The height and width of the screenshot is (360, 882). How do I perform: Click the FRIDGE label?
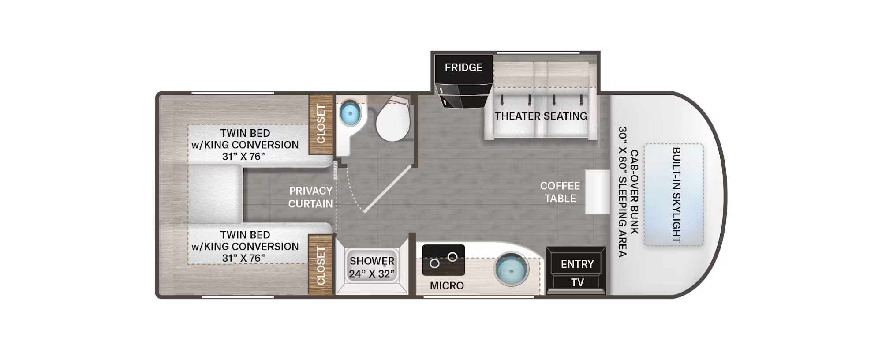[x=463, y=67]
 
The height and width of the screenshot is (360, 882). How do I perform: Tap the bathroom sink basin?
[x=350, y=113]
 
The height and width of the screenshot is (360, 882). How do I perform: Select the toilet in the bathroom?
[x=393, y=121]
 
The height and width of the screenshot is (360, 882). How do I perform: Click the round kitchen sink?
[x=511, y=269]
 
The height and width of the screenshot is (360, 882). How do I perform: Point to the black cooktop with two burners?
[x=443, y=260]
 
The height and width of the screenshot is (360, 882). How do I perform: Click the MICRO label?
[x=447, y=285]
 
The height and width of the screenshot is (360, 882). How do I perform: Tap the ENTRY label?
[x=577, y=264]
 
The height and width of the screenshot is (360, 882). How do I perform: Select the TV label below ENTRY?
[x=577, y=282]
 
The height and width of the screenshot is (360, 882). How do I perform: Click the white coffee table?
[x=597, y=192]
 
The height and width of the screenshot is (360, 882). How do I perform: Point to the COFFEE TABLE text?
[x=560, y=192]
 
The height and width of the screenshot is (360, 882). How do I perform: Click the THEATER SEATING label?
[x=541, y=116]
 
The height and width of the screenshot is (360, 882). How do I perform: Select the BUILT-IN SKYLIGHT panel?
[x=673, y=195]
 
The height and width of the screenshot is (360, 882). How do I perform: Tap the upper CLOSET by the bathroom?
[x=321, y=124]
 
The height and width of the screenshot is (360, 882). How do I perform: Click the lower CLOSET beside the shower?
[x=321, y=265]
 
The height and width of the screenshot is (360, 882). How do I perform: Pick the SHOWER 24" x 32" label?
[x=372, y=267]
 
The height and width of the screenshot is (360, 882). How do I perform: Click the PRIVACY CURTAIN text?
[x=310, y=197]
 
